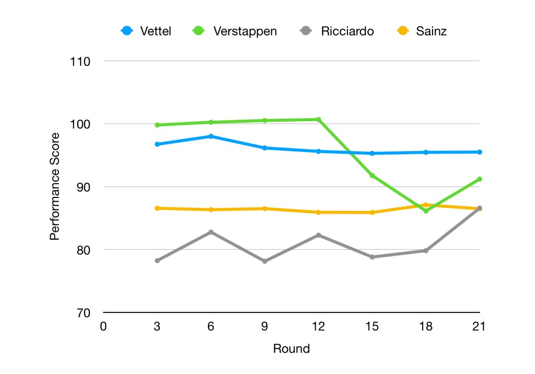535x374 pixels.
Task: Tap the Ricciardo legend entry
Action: pyautogui.click(x=340, y=31)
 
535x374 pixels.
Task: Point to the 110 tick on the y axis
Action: pyautogui.click(x=80, y=61)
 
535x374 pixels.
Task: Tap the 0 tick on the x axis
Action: pyautogui.click(x=103, y=327)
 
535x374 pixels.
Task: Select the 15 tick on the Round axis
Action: pyautogui.click(x=372, y=327)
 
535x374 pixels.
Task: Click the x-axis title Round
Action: pyautogui.click(x=292, y=349)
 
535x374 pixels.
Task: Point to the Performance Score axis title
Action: pyautogui.click(x=55, y=186)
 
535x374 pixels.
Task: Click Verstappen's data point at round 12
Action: pyautogui.click(x=318, y=120)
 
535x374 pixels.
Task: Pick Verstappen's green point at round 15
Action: pyautogui.click(x=372, y=176)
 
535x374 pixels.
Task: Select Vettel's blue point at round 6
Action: pyautogui.click(x=211, y=136)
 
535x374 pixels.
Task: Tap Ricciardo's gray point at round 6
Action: pyautogui.click(x=211, y=232)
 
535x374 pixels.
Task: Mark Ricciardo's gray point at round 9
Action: pyautogui.click(x=265, y=261)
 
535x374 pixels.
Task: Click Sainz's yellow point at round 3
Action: pyautogui.click(x=157, y=208)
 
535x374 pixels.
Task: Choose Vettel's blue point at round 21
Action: pyautogui.click(x=479, y=152)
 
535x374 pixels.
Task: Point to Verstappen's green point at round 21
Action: pyautogui.click(x=479, y=179)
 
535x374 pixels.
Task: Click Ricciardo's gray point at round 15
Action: pyautogui.click(x=372, y=257)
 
